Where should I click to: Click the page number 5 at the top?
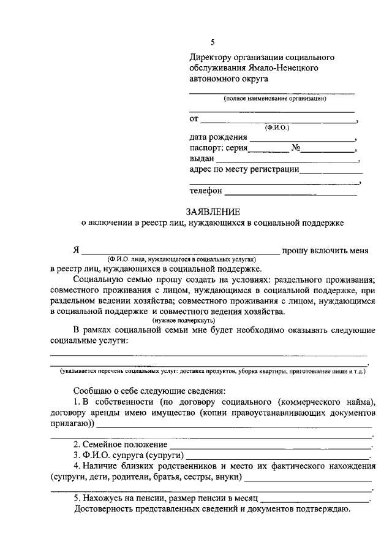click(x=213, y=42)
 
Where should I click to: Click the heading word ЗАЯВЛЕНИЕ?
click(x=213, y=212)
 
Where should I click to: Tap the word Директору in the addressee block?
click(x=209, y=57)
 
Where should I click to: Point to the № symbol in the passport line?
click(x=295, y=148)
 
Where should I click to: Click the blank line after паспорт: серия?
click(x=268, y=151)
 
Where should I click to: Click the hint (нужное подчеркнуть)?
click(x=183, y=320)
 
